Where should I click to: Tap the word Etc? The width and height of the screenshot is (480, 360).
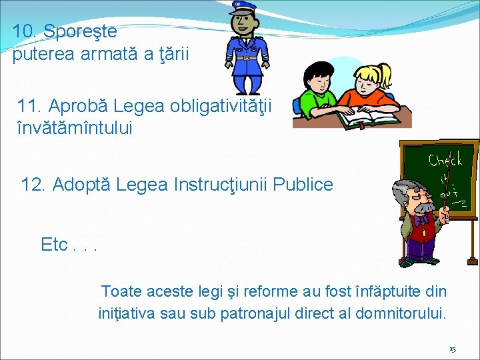point(55,245)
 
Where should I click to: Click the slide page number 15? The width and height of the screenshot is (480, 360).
point(452,349)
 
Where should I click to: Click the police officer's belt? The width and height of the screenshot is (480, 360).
point(247,58)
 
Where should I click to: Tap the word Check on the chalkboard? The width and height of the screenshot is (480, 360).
point(445,160)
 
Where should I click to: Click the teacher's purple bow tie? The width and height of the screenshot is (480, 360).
point(420,219)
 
